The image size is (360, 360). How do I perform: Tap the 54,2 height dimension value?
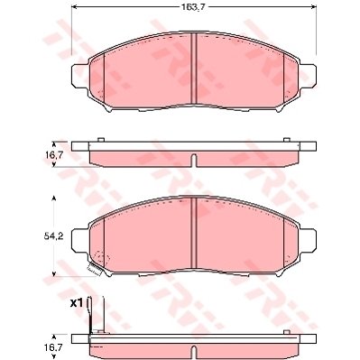tap(53, 236)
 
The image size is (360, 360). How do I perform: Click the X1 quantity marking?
tap(77, 304)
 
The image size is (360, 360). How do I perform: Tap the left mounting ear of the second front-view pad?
tap(80, 240)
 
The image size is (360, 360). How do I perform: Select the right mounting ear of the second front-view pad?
tap(308, 240)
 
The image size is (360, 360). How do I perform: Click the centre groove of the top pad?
tap(194, 69)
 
